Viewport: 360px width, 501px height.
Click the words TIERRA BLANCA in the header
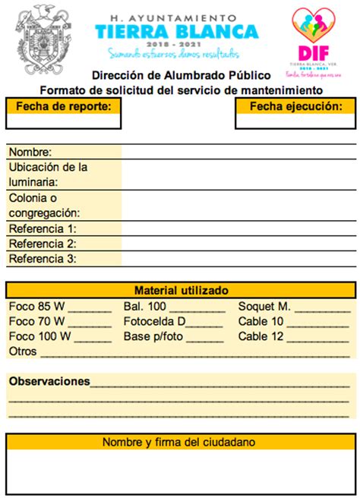(x=176, y=31)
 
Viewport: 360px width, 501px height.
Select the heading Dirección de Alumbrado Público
(x=181, y=75)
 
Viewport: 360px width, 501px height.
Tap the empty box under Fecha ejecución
(x=295, y=121)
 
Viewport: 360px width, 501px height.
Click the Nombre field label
(x=30, y=152)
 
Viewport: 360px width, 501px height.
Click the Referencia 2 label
(x=43, y=244)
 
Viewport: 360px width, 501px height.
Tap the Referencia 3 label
(x=43, y=259)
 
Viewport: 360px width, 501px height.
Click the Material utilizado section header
(x=181, y=290)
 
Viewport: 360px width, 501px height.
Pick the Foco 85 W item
(x=36, y=307)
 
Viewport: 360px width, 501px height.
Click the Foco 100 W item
(x=39, y=336)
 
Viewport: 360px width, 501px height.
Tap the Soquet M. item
(x=264, y=307)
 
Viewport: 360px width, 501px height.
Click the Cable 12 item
(x=261, y=336)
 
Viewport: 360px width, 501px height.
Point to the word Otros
(x=23, y=351)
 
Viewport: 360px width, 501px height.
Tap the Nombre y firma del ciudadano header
(x=179, y=442)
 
